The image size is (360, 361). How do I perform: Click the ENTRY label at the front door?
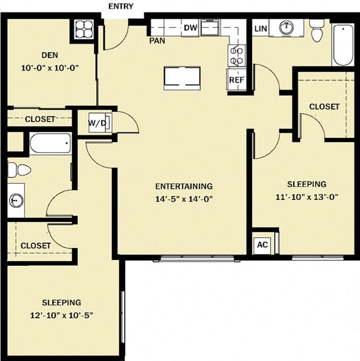[120, 6]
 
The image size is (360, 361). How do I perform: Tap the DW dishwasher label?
[190, 27]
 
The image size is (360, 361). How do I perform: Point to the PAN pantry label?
[156, 41]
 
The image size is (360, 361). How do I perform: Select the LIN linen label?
[260, 28]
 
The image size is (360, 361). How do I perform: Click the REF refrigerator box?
[235, 80]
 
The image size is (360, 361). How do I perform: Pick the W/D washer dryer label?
[97, 123]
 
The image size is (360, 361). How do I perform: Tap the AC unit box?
[262, 244]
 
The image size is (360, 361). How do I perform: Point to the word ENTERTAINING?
[183, 186]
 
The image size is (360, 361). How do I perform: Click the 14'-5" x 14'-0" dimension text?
[183, 198]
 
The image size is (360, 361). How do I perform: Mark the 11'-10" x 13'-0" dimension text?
[307, 197]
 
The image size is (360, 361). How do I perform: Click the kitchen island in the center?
[182, 78]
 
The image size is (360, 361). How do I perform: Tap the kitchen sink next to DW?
[210, 26]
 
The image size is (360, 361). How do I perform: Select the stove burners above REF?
[236, 55]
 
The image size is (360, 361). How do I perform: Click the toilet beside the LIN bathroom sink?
[317, 30]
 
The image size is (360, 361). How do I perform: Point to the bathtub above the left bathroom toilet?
[50, 143]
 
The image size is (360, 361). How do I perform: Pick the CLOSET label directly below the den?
[40, 119]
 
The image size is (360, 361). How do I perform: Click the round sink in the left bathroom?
[15, 199]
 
